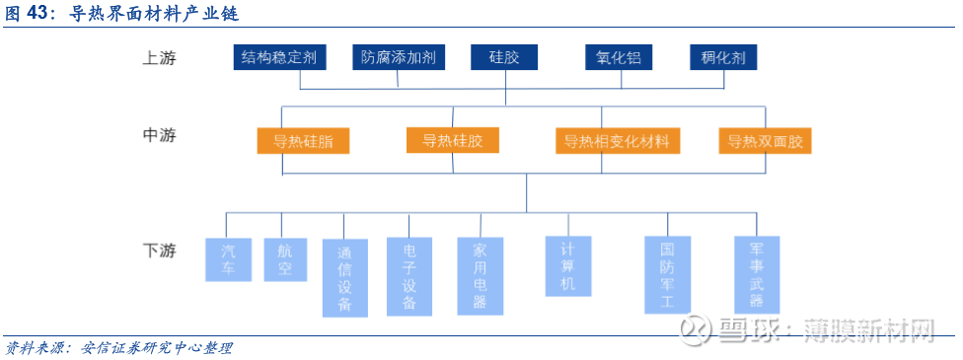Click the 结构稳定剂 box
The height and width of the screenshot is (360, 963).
click(280, 57)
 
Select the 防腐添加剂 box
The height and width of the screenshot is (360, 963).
click(399, 57)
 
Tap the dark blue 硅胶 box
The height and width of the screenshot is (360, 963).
click(504, 57)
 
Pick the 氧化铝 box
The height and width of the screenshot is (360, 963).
click(620, 57)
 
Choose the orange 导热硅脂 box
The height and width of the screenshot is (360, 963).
click(303, 141)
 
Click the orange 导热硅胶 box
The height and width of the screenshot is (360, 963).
click(453, 140)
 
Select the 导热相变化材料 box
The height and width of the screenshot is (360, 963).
click(618, 141)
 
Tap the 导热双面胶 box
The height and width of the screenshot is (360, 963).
click(765, 141)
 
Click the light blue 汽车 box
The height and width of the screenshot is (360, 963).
click(229, 258)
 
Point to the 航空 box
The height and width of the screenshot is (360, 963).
click(286, 258)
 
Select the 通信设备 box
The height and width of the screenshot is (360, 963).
click(344, 277)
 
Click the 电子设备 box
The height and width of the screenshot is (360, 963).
click(409, 276)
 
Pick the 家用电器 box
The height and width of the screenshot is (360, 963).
click(481, 275)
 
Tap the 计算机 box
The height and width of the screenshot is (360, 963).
click(568, 265)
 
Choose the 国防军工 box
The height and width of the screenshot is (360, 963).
click(667, 274)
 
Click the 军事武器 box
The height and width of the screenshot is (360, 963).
click(757, 274)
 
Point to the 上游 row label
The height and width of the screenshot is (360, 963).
click(158, 57)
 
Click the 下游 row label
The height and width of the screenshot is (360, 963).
click(158, 251)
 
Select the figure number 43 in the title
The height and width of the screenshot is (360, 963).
click(41, 14)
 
